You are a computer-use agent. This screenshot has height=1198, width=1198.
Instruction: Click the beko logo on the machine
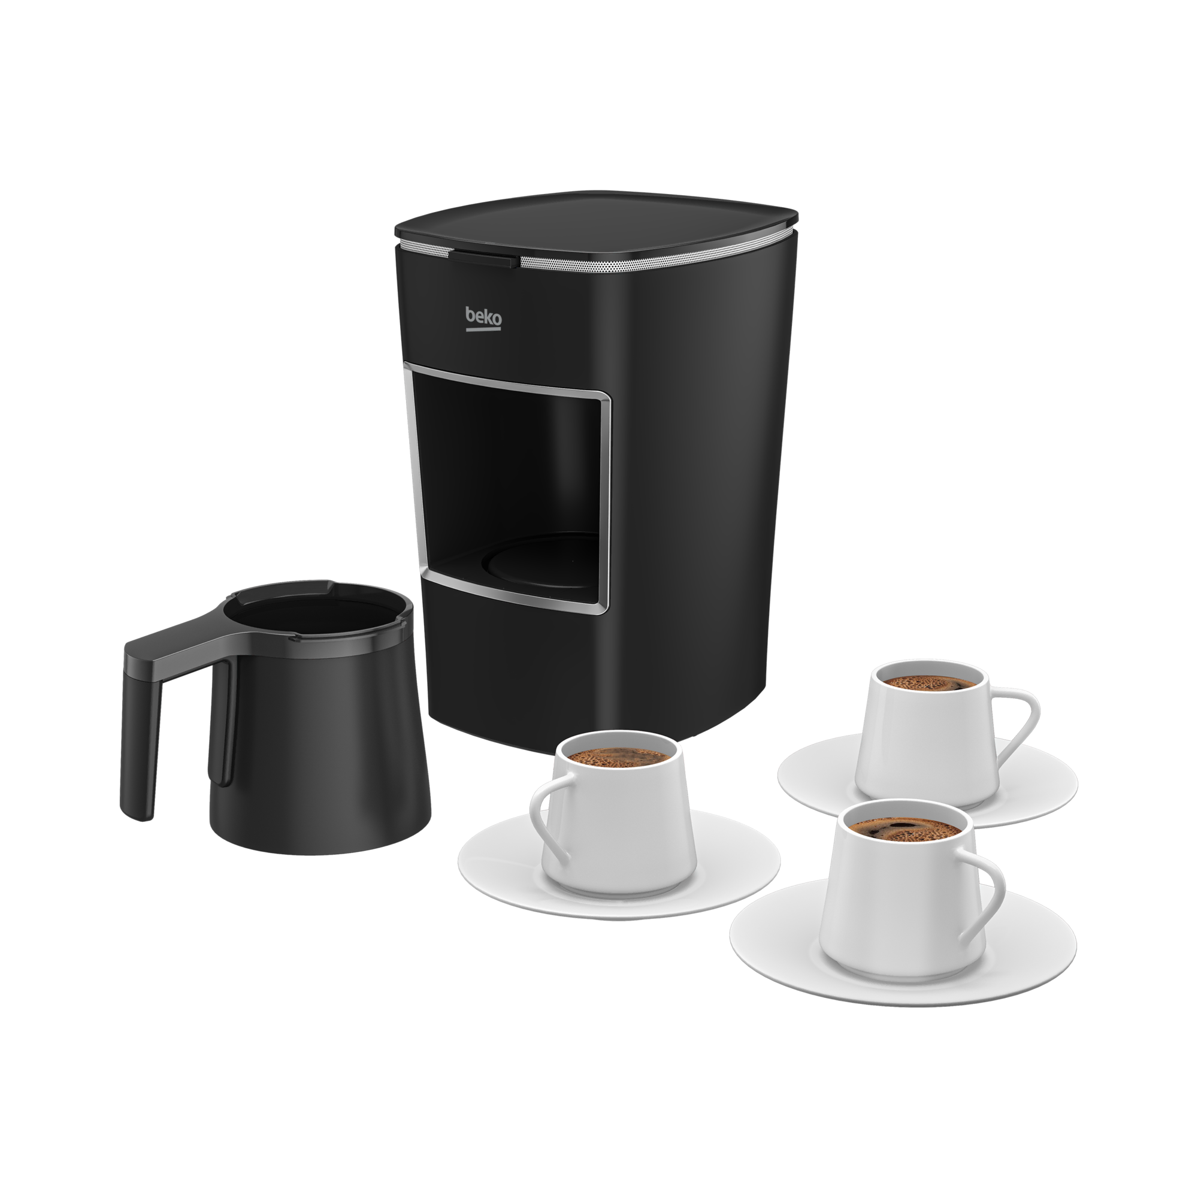[483, 318]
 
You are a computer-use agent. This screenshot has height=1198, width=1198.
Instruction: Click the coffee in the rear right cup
[922, 683]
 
